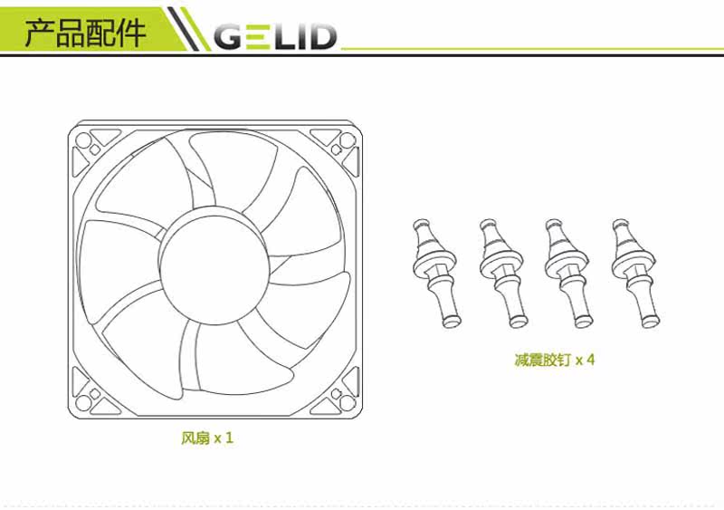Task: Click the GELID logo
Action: point(275,36)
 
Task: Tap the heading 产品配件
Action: point(85,33)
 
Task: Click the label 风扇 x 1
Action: point(207,438)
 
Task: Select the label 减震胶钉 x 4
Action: point(555,360)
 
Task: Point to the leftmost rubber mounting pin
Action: point(436,274)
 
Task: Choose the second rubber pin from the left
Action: point(503,274)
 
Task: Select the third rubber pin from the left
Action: point(569,274)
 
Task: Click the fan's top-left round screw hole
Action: point(83,140)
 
